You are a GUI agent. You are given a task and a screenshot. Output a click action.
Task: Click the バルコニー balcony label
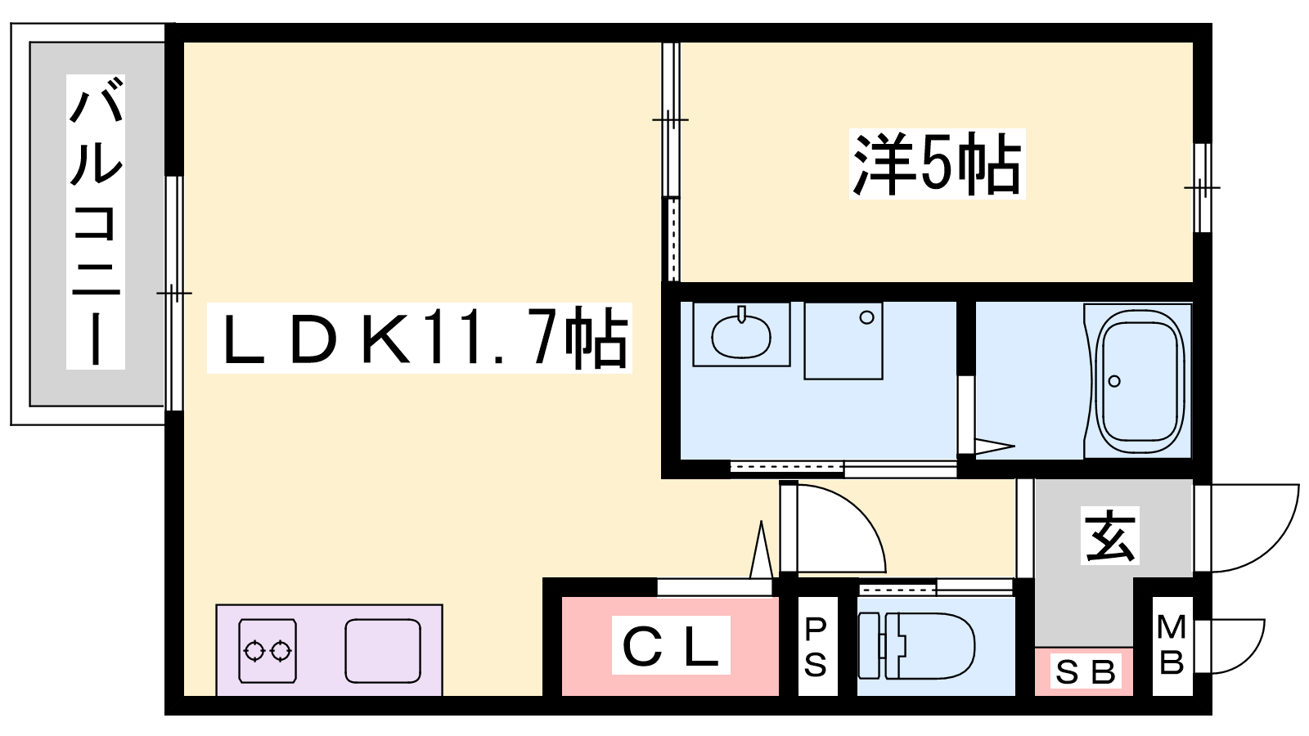(x=96, y=222)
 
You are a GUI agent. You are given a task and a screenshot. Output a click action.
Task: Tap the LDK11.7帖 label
(x=419, y=338)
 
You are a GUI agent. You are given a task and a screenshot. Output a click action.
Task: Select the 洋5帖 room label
(x=937, y=164)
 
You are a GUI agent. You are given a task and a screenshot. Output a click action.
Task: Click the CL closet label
(x=671, y=646)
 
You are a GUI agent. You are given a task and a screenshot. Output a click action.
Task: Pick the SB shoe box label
(x=1085, y=672)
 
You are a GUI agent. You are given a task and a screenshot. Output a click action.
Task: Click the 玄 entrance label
(x=1110, y=536)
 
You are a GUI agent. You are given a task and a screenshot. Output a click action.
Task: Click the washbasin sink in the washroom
(x=741, y=334)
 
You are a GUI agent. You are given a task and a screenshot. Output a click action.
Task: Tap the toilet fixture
(x=916, y=646)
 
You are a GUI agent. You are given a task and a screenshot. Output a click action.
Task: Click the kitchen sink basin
(x=382, y=651)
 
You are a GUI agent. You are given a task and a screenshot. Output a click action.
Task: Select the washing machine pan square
(x=843, y=340)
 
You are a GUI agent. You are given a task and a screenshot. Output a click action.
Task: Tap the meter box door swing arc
(x=1237, y=646)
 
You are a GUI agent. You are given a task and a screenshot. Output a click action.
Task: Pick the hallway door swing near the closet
(x=839, y=527)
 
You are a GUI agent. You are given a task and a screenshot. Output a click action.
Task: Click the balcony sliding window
(x=173, y=293)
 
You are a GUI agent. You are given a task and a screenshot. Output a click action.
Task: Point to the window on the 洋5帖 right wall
(x=1201, y=188)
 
